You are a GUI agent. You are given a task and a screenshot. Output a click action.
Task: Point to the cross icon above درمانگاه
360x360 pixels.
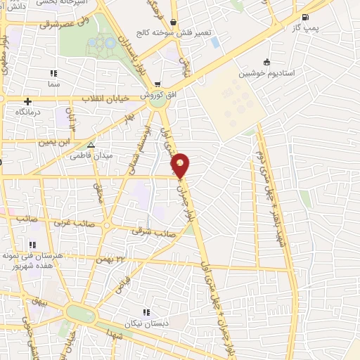click(28, 101)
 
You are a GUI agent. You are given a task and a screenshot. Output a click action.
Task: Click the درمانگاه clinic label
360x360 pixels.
click(30, 112)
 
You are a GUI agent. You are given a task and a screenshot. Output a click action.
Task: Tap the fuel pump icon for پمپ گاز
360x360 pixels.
click(304, 18)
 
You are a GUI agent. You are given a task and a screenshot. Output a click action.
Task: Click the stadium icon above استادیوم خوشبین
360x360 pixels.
click(266, 63)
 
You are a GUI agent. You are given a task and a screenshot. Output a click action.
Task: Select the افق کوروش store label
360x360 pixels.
click(152, 94)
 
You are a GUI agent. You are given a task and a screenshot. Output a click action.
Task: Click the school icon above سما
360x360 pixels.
click(53, 73)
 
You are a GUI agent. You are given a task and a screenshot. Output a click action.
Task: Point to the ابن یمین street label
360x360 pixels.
click(56, 142)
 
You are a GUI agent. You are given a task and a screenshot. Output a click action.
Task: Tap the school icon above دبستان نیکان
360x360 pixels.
click(146, 312)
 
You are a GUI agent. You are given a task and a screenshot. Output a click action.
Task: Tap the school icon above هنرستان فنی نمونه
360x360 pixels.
click(32, 245)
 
